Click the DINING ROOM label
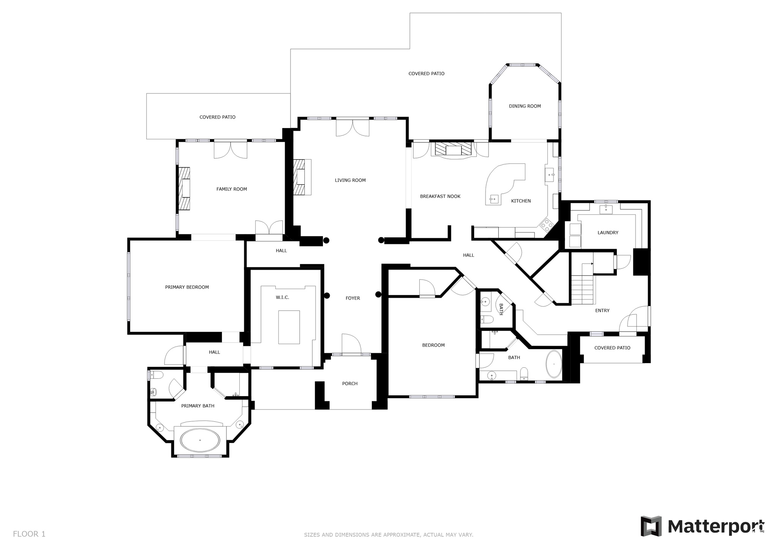pos(525,106)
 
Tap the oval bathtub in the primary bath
pos(200,440)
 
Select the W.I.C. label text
pos(282,297)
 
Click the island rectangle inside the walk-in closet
pos(289,327)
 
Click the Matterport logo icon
pos(651,526)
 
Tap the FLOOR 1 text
pos(29,534)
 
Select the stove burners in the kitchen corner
pos(546,225)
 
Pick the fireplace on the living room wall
pos(302,177)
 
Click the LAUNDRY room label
pos(608,233)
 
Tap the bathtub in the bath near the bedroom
pos(554,364)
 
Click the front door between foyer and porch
pos(351,354)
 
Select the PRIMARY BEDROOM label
pos(187,288)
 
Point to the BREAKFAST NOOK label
pos(440,197)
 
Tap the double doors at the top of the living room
pos(353,128)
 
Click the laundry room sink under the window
pos(606,209)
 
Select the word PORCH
pos(349,384)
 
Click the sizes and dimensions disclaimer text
pos(388,535)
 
